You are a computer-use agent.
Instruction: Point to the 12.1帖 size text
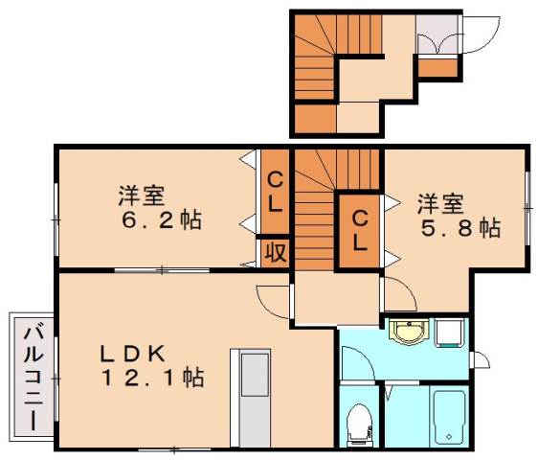(x=154, y=378)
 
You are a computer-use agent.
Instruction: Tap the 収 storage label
(x=275, y=252)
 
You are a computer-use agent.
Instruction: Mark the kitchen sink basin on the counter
(x=254, y=373)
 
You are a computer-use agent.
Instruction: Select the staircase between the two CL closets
(x=314, y=216)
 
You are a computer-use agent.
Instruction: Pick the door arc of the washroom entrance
(x=356, y=363)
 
